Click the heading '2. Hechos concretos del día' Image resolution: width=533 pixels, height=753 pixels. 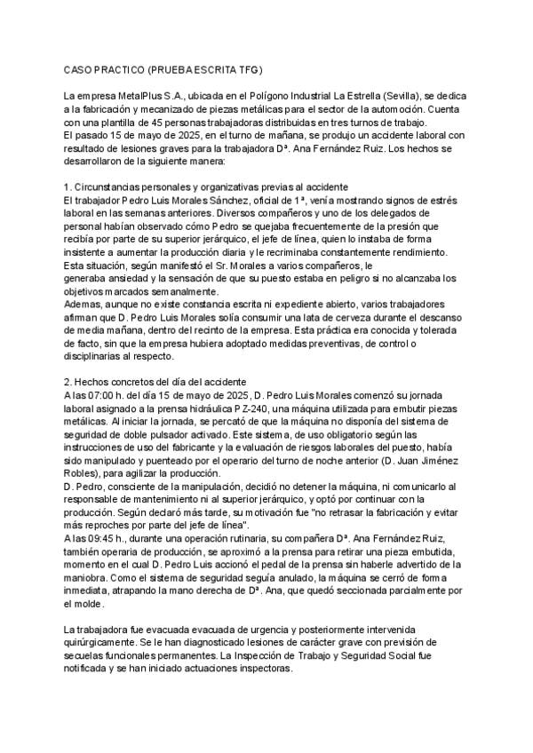137,381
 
